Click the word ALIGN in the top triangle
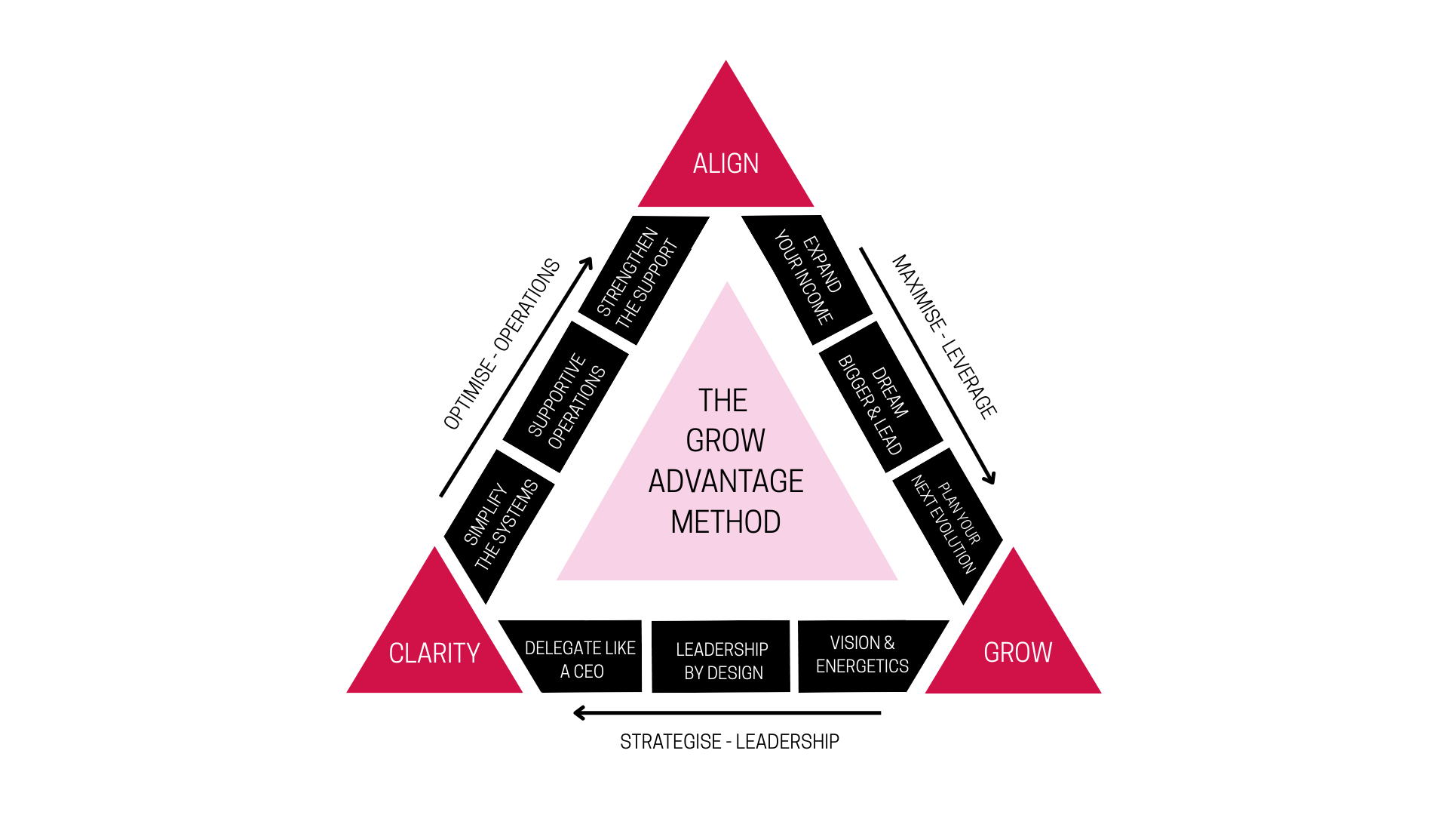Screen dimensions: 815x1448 [x=726, y=164]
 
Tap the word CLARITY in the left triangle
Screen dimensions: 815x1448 [x=434, y=653]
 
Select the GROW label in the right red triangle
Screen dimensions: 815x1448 [x=1017, y=652]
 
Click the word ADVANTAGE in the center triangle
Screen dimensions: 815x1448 [x=726, y=481]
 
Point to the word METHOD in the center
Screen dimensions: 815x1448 [x=726, y=522]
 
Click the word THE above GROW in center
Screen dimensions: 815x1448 [x=722, y=401]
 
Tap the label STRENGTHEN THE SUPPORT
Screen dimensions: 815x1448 [x=637, y=278]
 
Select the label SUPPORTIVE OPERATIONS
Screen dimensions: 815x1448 [x=566, y=401]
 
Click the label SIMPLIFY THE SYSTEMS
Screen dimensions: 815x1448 [x=501, y=525]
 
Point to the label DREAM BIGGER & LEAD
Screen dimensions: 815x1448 [x=873, y=405]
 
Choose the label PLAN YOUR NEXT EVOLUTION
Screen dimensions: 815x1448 [x=945, y=524]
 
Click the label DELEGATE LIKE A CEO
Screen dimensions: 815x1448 [x=580, y=660]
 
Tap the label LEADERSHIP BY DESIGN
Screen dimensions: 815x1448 [x=722, y=661]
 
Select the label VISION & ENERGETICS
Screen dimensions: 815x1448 [x=862, y=654]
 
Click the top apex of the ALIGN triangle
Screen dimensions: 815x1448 [x=726, y=62]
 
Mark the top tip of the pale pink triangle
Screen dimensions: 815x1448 [x=727, y=283]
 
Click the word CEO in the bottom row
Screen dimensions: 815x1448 [x=588, y=672]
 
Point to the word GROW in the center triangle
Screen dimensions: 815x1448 [x=726, y=441]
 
